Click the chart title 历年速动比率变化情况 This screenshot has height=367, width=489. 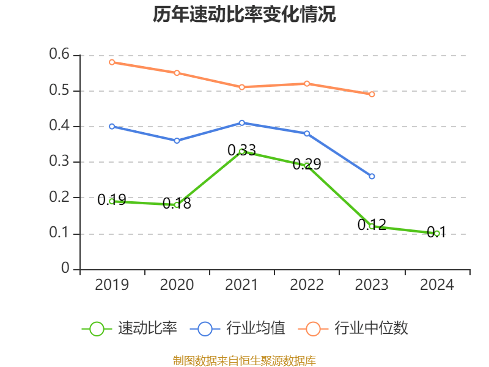coord(244,15)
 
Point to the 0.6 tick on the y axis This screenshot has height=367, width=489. coord(60,55)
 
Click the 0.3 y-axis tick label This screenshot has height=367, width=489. coord(60,162)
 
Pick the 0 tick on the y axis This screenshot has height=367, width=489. coord(65,269)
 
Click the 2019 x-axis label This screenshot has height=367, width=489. coord(112,285)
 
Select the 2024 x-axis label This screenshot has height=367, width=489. coord(437,285)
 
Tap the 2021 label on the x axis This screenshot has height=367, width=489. coord(242,285)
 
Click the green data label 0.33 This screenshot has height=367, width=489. coord(241,150)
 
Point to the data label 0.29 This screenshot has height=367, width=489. coord(307,165)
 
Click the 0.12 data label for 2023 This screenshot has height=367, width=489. coord(372,225)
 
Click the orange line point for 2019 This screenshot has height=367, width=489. coord(112,62)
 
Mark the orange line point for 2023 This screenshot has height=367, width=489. coord(372,94)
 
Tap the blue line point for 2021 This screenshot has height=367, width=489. coord(242,123)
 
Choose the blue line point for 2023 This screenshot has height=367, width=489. coord(372,176)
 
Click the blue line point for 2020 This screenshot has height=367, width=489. coord(177,141)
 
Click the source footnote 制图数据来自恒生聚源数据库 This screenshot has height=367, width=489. coord(244,360)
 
